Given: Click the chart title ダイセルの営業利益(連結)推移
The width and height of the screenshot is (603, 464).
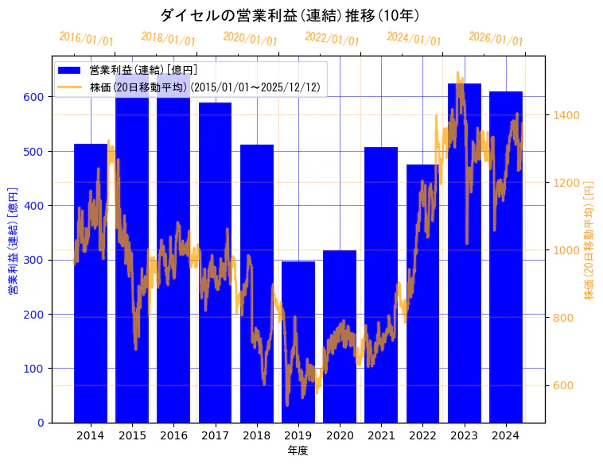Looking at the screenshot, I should [290, 15].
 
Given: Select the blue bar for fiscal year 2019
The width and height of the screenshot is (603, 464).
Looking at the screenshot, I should [298, 342].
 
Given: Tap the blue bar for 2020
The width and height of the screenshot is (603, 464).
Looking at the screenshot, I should [340, 337].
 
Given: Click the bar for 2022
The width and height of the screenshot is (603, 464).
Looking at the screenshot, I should [422, 293].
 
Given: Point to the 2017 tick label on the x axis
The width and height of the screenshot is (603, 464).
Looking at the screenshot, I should [215, 435].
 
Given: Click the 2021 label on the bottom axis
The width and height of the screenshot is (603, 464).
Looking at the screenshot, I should [381, 435].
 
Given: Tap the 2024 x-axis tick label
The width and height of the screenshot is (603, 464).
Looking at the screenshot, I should [506, 435].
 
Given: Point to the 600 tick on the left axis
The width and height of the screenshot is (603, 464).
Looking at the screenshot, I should [36, 97].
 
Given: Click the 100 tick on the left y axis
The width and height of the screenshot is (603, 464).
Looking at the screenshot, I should [36, 369].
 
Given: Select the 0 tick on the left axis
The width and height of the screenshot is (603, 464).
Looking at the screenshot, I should [42, 423].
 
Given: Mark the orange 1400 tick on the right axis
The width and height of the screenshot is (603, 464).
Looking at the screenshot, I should [566, 115].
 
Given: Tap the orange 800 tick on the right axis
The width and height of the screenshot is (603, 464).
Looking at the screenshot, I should [563, 319].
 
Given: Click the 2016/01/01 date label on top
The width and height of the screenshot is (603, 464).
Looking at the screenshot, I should [86, 39].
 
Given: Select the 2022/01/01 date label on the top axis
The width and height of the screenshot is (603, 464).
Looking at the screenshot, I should [332, 39].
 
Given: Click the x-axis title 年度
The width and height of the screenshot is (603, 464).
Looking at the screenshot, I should [298, 450].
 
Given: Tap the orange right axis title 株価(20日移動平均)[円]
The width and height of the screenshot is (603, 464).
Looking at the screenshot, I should [589, 238].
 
